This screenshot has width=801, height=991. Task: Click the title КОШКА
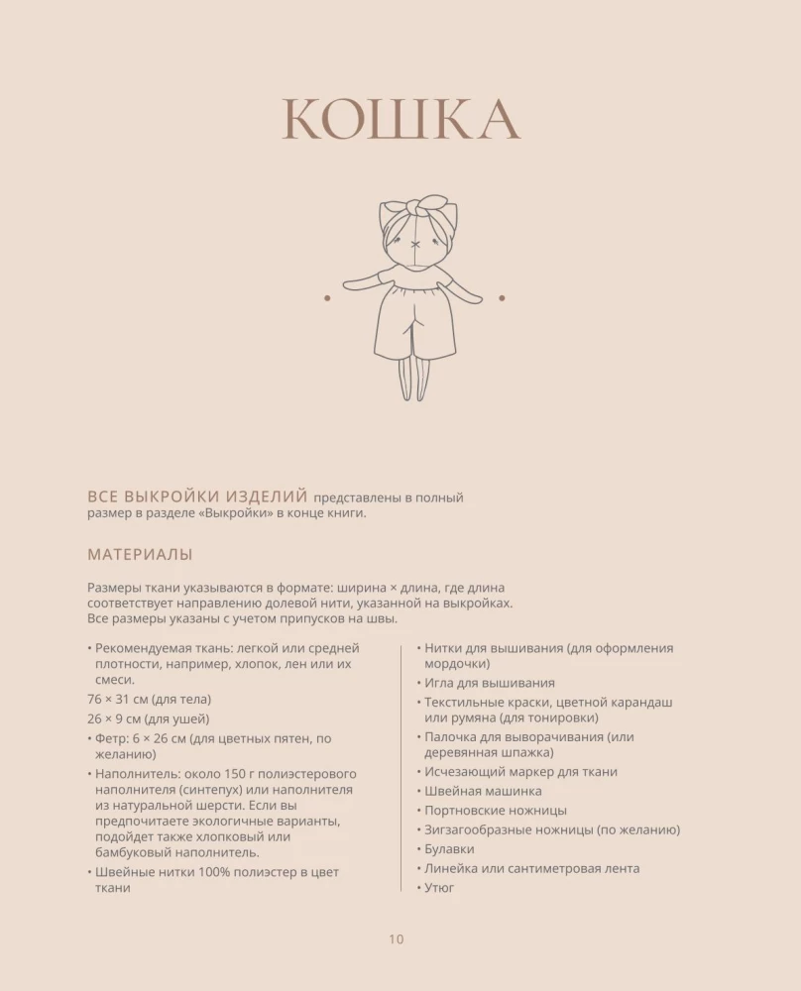click(400, 121)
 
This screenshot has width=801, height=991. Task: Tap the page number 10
click(397, 939)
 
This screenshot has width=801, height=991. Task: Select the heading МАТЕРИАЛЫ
click(140, 555)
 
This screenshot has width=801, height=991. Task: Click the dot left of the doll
click(326, 297)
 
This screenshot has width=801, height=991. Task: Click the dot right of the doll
click(502, 297)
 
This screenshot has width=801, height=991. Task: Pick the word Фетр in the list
click(113, 738)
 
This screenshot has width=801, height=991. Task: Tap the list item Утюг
click(439, 888)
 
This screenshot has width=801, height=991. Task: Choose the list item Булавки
click(449, 849)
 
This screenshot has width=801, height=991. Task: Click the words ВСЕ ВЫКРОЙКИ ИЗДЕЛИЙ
click(196, 496)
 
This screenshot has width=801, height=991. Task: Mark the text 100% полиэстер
click(257, 872)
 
